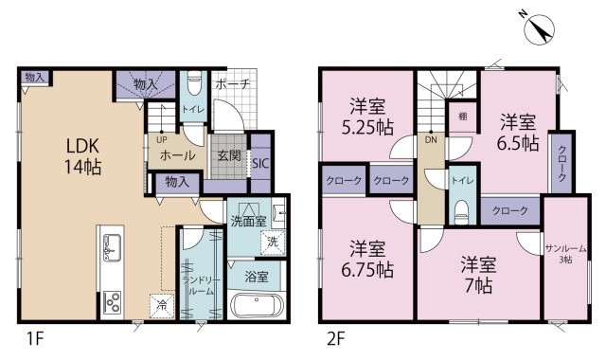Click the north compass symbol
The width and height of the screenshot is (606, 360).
tap(539, 28)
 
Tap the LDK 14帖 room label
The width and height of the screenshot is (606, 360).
tap(83, 156)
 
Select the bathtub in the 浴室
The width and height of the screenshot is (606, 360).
tap(257, 305)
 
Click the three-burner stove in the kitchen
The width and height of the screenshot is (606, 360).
tap(112, 301)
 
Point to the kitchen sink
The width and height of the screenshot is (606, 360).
tap(112, 247)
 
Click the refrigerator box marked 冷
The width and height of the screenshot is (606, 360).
tap(162, 306)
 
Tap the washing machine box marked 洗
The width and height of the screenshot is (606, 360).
tap(273, 243)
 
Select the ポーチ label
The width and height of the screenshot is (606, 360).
tap(232, 83)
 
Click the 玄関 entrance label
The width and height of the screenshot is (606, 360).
tap(229, 155)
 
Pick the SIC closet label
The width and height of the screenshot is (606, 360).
tap(260, 163)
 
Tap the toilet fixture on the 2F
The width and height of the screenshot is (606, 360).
tap(461, 212)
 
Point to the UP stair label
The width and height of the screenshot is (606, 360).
tap(162, 139)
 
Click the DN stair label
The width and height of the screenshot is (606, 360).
tap(431, 140)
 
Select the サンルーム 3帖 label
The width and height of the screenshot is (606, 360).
tap(566, 254)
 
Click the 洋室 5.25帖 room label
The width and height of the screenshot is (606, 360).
tap(367, 117)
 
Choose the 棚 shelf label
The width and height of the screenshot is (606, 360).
tap(463, 117)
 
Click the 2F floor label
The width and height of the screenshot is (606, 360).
tap(335, 339)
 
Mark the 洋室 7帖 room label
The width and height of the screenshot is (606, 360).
tap(478, 276)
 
